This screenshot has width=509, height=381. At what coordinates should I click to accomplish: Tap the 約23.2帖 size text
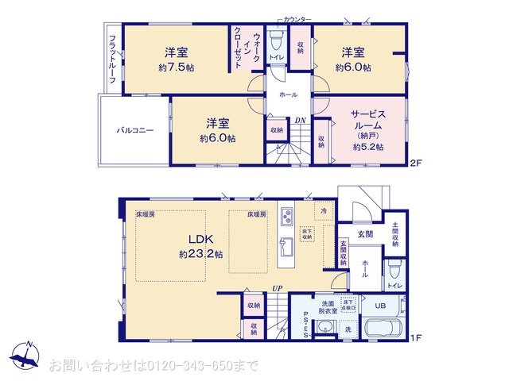coord(200,254)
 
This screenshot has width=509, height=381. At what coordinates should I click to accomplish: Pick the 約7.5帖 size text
coord(176,67)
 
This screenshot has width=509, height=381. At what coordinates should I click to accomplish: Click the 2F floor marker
coord(414,164)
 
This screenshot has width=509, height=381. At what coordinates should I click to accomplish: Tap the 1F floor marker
coord(414,337)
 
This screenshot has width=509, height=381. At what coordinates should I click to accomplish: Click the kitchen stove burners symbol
coord(287,214)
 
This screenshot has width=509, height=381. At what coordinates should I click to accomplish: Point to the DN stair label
coord(300,121)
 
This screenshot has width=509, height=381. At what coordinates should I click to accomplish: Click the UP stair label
coord(277,289)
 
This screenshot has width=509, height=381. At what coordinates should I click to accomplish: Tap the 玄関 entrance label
coord(365,233)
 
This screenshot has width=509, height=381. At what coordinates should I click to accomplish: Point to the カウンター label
coord(299,17)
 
